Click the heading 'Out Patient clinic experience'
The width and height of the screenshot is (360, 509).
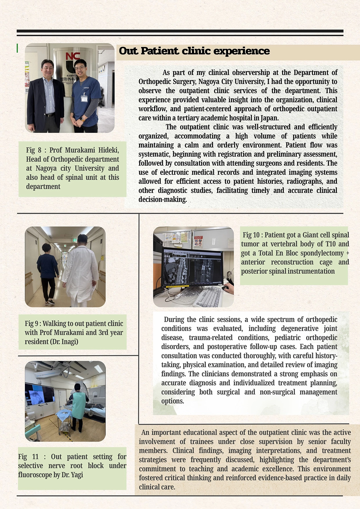pyautogui.click(x=194, y=51)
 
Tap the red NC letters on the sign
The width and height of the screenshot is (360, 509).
pyautogui.click(x=73, y=56)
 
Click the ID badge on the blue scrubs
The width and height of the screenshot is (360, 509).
pyautogui.click(x=84, y=98)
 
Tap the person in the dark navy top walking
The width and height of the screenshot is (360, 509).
pyautogui.click(x=48, y=271)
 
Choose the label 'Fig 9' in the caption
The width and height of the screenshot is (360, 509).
pyautogui.click(x=32, y=324)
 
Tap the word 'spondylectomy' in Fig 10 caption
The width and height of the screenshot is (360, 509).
pyautogui.click(x=322, y=253)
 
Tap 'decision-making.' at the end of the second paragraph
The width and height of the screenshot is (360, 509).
pyautogui.click(x=162, y=200)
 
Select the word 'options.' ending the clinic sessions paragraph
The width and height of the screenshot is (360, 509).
pyautogui.click(x=173, y=401)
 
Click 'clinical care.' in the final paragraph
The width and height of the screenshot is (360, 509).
pyautogui.click(x=157, y=487)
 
